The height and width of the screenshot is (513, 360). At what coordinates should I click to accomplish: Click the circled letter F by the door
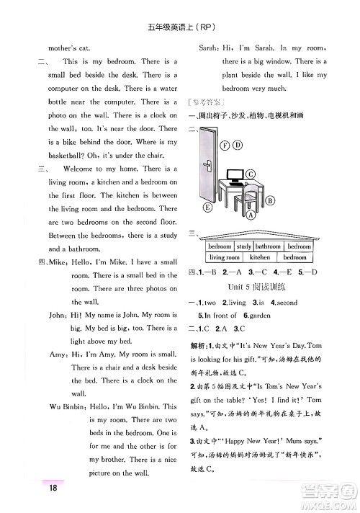tap(225, 145)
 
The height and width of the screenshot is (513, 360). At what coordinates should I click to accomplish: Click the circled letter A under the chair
tap(250, 215)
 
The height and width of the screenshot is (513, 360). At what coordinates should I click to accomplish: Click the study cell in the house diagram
tap(244, 246)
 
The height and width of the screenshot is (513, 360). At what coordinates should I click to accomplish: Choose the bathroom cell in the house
tap(268, 246)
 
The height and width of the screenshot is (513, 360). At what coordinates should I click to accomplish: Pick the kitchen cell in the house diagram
tap(259, 256)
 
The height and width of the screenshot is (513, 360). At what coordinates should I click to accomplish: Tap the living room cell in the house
tap(224, 256)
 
